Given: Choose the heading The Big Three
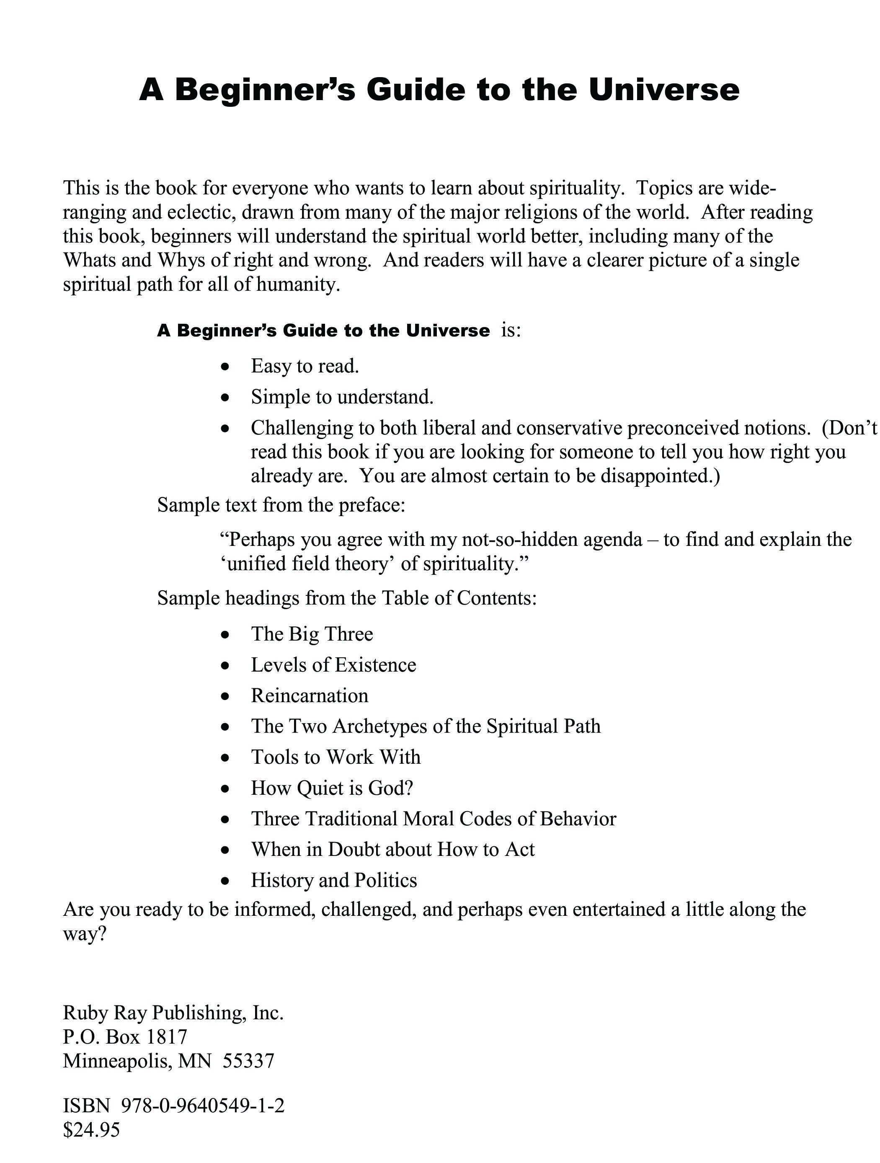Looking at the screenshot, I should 312,634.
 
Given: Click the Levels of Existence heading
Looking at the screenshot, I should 333,665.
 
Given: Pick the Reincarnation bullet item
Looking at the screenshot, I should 310,695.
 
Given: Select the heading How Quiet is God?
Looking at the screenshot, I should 332,788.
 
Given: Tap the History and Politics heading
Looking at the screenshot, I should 334,880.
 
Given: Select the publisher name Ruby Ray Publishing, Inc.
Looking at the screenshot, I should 173,1013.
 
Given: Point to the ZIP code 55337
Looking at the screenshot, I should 248,1061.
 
